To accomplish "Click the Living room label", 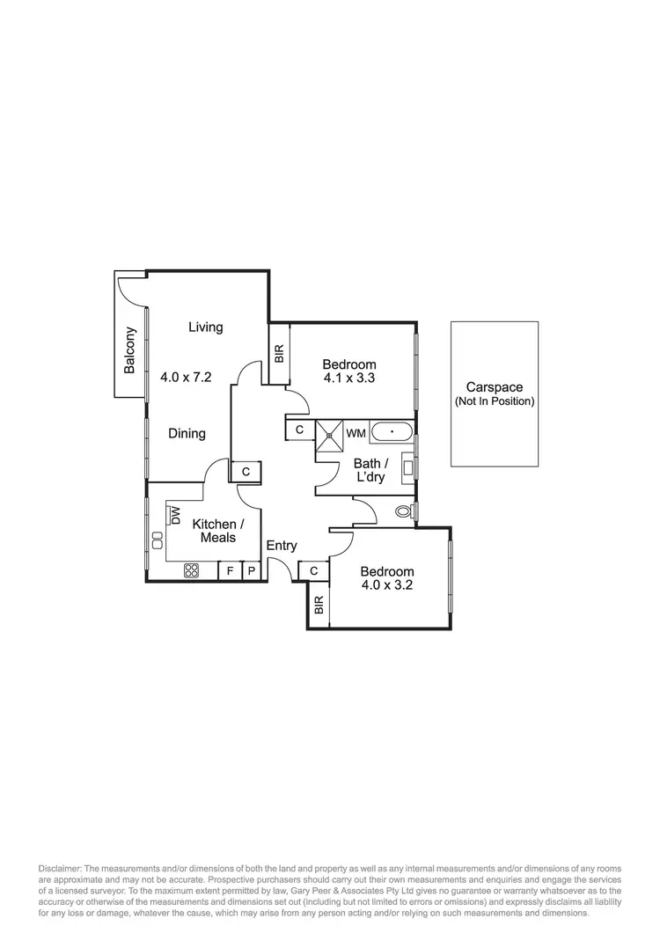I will [x=206, y=327].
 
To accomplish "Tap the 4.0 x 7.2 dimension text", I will [x=187, y=377].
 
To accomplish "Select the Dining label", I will [x=187, y=433].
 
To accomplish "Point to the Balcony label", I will [x=130, y=350].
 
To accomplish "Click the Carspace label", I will [x=494, y=387].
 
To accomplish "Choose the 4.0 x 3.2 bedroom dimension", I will [x=386, y=584].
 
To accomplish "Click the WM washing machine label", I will [x=356, y=433].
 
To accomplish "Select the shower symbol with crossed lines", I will [x=331, y=432].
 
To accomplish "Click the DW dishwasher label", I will [x=175, y=515].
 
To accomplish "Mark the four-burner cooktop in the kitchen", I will [x=192, y=570].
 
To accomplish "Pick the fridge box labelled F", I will [x=231, y=571].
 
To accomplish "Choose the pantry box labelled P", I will [x=251, y=571].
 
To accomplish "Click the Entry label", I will [x=282, y=546].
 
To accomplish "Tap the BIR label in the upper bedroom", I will [x=279, y=355].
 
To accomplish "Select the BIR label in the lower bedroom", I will [x=319, y=605].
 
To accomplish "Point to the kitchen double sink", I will [x=158, y=540].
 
